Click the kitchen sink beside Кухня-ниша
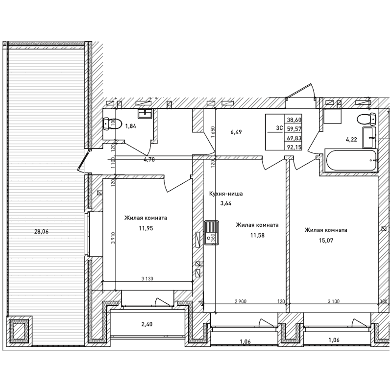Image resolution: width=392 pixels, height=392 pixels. pos(212,232)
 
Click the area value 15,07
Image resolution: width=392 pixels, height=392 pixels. pos(319,240)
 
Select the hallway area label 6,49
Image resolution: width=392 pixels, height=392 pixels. pos(237,131)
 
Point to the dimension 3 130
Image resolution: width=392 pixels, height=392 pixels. pos(147,279)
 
